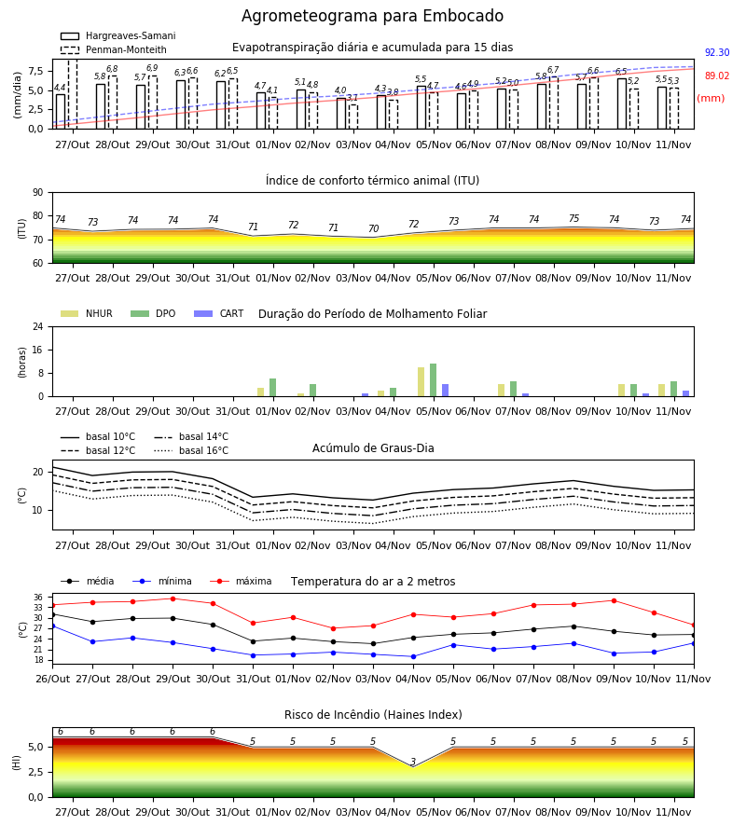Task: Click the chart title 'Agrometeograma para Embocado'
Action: pyautogui.click(x=372, y=16)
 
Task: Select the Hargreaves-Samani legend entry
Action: pyautogui.click(x=118, y=35)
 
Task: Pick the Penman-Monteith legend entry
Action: pyautogui.click(x=114, y=49)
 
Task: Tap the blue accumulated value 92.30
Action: pyautogui.click(x=717, y=52)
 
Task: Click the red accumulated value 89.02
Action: pyautogui.click(x=717, y=76)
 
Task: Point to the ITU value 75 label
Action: pyautogui.click(x=573, y=218)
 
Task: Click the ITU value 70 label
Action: pyautogui.click(x=374, y=228)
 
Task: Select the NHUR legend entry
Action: pyautogui.click(x=87, y=313)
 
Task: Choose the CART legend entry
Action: pyautogui.click(x=219, y=313)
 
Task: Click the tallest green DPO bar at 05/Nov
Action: pyautogui.click(x=433, y=380)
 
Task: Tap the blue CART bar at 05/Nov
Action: pyautogui.click(x=445, y=390)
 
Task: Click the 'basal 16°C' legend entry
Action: pyautogui.click(x=191, y=450)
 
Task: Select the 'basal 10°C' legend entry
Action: pyautogui.click(x=98, y=436)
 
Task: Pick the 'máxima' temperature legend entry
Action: pyautogui.click(x=241, y=581)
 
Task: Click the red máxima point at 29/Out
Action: pyautogui.click(x=173, y=598)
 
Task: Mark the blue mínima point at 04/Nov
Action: pyautogui.click(x=414, y=656)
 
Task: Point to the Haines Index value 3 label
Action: pyautogui.click(x=413, y=762)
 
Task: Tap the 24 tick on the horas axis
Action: pyautogui.click(x=38, y=326)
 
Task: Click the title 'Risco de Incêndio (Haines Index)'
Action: pyautogui.click(x=373, y=715)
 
